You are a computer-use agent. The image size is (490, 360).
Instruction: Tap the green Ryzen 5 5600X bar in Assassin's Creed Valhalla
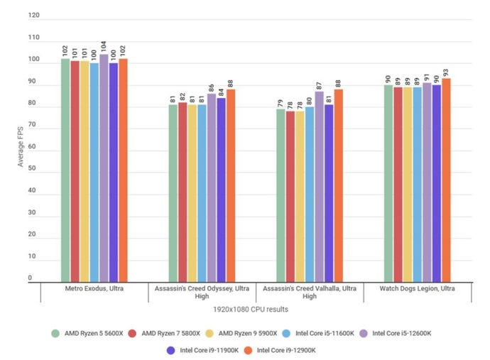coord(261,196)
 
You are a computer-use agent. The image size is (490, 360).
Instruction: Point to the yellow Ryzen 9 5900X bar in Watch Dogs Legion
coord(408,185)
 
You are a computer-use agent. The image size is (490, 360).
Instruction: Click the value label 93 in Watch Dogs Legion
coord(445,70)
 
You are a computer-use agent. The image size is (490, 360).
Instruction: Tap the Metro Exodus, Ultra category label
coord(94,289)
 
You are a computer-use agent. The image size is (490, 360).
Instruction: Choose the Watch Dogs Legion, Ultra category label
coord(417,289)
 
